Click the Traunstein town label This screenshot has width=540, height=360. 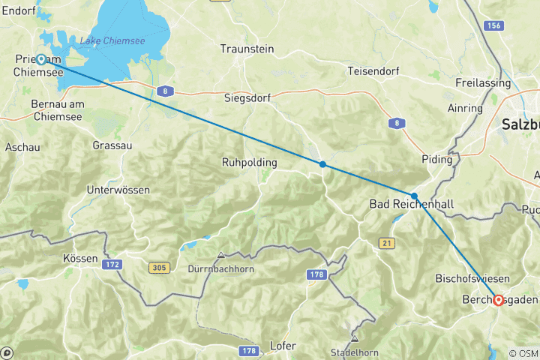pos(247,49)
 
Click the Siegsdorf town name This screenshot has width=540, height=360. pos(246,97)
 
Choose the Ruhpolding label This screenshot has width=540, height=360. pos(249,162)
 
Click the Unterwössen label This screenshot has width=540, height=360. pos(118,190)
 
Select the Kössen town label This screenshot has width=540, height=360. pos(81,258)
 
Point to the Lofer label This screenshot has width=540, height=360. pos(283,346)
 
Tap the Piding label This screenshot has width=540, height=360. pos(437,159)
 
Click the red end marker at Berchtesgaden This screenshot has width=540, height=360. pos(499,300)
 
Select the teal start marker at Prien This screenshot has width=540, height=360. pos(42,59)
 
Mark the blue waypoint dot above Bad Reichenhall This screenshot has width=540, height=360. pos(414,196)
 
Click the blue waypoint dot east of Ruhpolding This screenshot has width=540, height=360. pos(322,164)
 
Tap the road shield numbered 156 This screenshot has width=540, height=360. pos(493,25)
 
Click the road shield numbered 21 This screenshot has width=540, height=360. pos(387,242)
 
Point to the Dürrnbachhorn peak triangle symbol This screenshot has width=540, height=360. pos(220,256)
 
